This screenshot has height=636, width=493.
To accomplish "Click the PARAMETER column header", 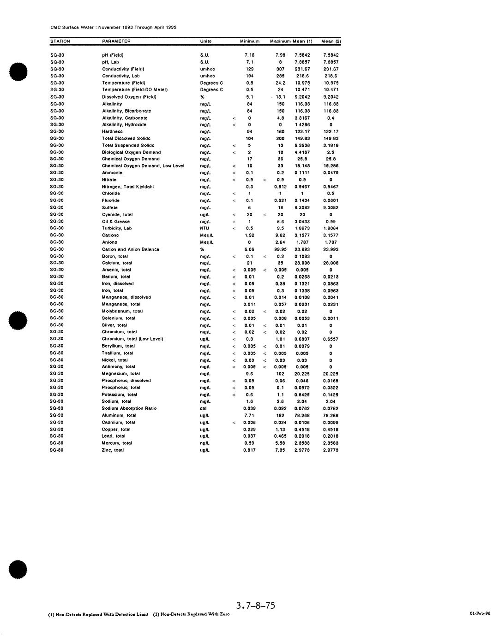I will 116,41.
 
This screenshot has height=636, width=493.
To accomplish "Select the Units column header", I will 206,41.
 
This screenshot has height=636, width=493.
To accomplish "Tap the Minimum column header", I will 250,41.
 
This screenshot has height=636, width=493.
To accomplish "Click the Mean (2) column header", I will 331,41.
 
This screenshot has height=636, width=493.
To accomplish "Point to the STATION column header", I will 60,41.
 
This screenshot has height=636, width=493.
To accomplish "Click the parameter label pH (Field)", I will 113,55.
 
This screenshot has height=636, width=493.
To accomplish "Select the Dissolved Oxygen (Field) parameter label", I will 129,97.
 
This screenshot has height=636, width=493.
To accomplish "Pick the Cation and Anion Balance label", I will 131,249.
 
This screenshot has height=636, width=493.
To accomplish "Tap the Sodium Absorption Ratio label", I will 129,408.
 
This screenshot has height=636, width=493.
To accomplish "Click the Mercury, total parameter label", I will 117,443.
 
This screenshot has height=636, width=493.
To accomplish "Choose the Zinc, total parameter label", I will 113,450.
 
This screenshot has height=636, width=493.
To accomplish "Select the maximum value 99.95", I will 280,249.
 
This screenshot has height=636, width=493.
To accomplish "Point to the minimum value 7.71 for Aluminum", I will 249,415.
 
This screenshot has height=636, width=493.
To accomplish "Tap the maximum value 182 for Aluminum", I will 281,415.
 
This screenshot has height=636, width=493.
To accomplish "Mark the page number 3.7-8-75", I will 255,606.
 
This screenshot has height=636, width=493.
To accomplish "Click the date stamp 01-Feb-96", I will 480,613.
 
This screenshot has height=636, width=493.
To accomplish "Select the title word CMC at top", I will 55,28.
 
